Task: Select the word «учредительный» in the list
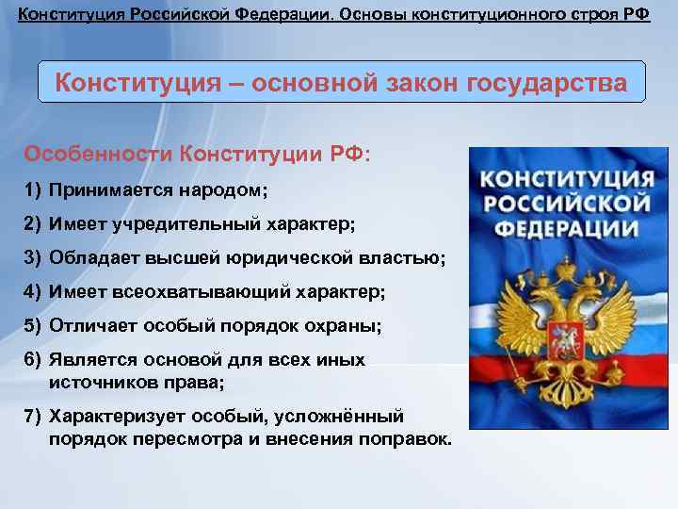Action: [172, 224]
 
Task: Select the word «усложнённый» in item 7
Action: [349, 416]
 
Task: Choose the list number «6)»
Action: [33, 360]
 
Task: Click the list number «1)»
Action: [33, 190]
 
